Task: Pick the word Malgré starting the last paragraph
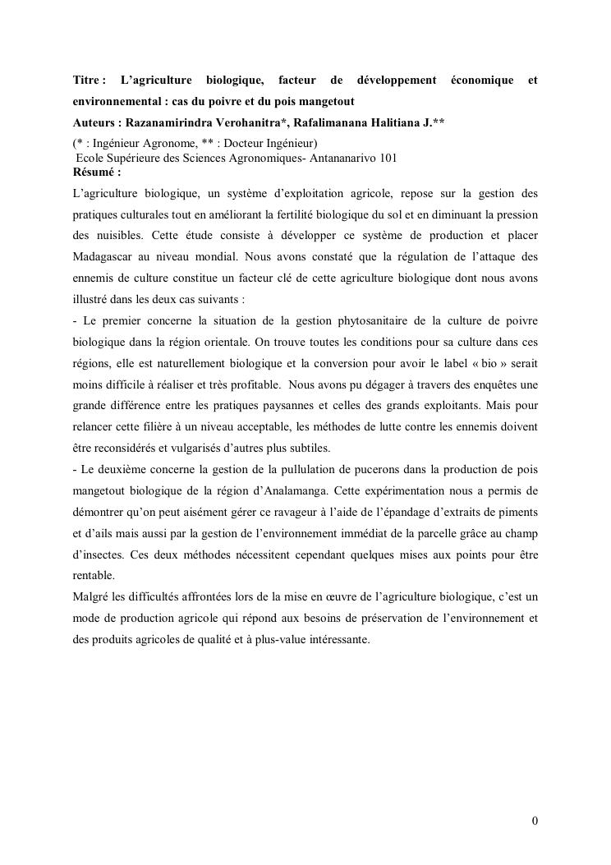pos(92,597)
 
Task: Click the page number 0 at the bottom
pos(535,821)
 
